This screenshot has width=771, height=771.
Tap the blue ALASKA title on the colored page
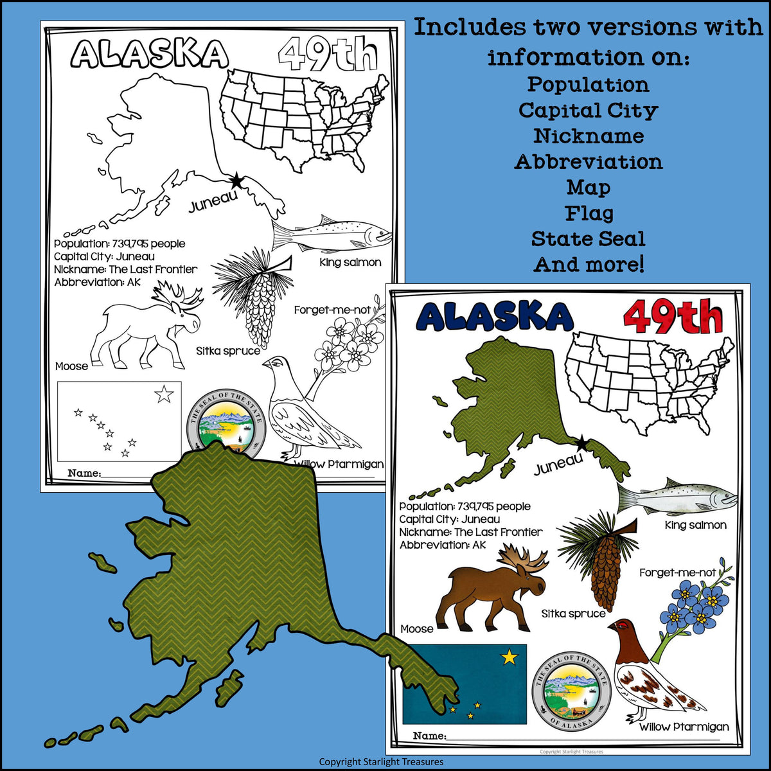(493, 317)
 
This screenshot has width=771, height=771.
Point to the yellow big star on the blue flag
(510, 657)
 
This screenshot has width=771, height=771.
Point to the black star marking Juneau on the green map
(581, 443)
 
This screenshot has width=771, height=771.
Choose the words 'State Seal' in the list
(588, 239)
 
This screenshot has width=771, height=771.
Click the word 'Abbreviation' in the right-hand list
(588, 162)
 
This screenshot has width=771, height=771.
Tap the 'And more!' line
(588, 265)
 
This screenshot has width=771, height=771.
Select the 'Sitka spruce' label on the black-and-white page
(228, 351)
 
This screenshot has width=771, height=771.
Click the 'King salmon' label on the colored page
(695, 525)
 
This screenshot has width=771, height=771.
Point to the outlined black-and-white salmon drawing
(331, 236)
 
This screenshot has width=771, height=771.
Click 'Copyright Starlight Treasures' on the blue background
(381, 761)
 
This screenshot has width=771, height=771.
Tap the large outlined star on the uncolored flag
(164, 394)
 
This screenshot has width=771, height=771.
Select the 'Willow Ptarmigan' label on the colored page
(684, 727)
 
